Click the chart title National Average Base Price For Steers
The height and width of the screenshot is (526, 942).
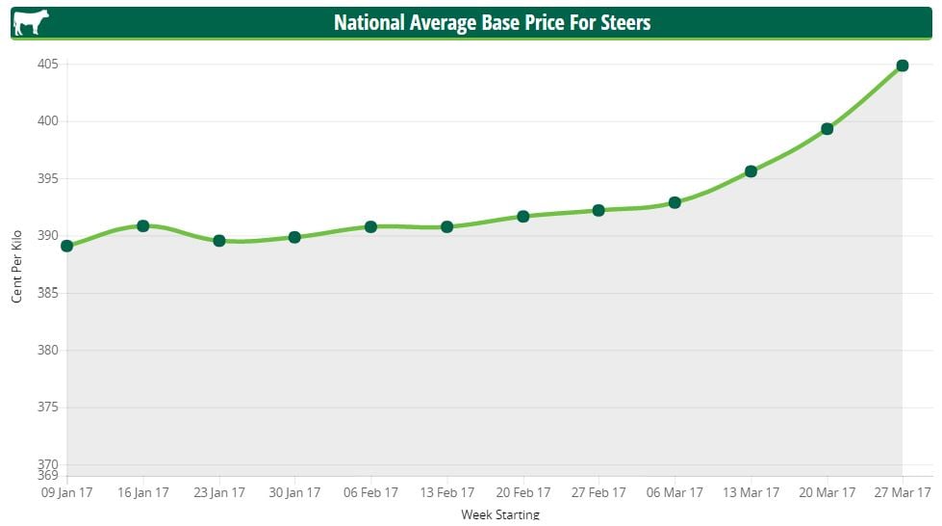click(x=492, y=22)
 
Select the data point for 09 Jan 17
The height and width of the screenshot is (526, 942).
click(x=67, y=246)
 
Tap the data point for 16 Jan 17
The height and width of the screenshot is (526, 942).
click(x=143, y=225)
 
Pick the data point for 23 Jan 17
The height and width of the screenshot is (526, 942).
click(x=219, y=240)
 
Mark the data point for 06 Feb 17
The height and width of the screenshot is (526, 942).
click(x=371, y=226)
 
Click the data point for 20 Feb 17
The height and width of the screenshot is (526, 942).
click(x=523, y=216)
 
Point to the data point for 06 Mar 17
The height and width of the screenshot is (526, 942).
click(x=675, y=202)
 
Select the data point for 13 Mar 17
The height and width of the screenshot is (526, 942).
click(x=751, y=171)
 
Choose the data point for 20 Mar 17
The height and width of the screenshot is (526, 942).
click(x=827, y=128)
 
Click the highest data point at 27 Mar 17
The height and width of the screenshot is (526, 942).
click(x=903, y=66)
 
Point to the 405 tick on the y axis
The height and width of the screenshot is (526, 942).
click(x=48, y=65)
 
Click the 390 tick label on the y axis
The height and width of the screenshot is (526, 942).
click(x=48, y=236)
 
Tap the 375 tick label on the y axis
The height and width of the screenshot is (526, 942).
click(x=48, y=408)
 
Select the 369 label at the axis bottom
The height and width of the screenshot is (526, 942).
click(x=48, y=475)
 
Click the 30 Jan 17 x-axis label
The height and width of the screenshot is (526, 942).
click(x=294, y=492)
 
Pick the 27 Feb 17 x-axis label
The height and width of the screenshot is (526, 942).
click(x=598, y=492)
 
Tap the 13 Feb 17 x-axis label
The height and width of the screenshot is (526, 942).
click(x=447, y=492)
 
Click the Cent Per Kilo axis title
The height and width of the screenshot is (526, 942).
click(x=17, y=265)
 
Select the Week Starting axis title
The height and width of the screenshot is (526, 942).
click(x=500, y=515)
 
